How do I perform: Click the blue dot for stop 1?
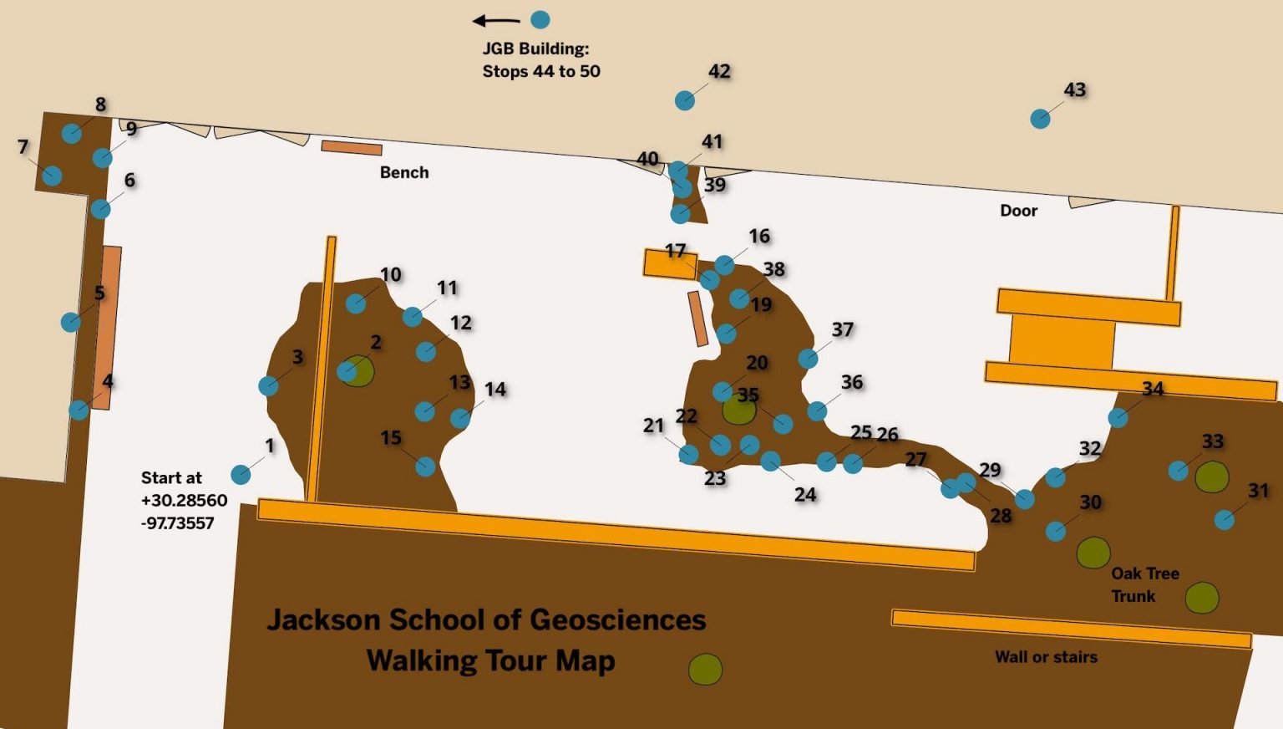(241, 475)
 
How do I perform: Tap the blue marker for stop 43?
(1040, 119)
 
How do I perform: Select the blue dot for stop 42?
(685, 100)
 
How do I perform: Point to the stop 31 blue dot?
(1225, 520)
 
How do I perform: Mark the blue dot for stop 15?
(425, 466)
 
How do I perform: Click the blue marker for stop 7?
(52, 176)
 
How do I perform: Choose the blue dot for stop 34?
(1118, 417)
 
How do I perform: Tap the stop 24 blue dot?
(770, 461)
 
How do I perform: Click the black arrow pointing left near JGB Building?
(495, 21)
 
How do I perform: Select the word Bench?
(404, 172)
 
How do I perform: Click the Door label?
(1018, 211)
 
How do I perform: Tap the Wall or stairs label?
(1046, 657)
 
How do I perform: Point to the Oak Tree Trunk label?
(1144, 584)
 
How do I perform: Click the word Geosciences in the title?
(617, 619)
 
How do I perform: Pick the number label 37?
(842, 329)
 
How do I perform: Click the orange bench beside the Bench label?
(352, 148)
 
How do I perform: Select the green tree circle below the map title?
(705, 669)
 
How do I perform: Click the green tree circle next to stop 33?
(1211, 477)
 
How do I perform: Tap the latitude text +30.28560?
(184, 500)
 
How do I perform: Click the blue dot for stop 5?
(71, 322)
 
